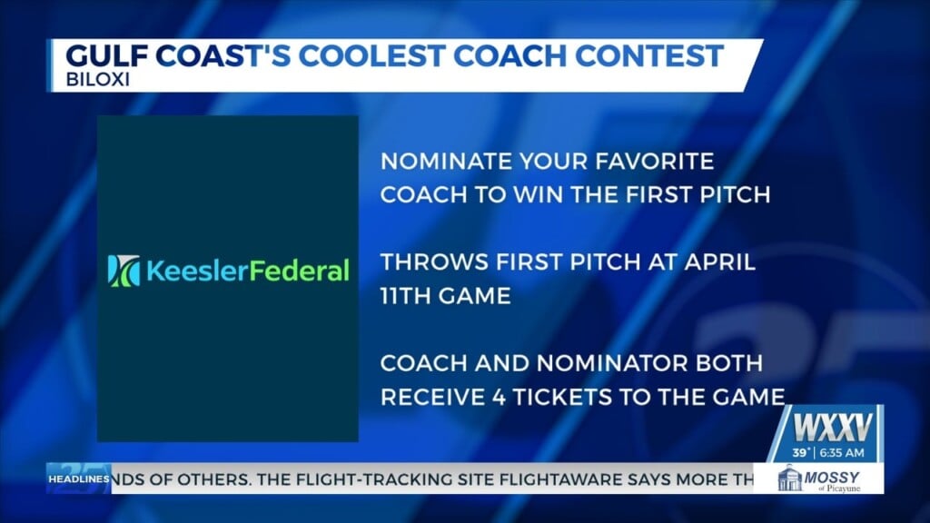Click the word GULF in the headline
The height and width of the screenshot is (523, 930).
(x=102, y=54)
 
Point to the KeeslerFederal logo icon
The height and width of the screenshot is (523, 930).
(x=121, y=270)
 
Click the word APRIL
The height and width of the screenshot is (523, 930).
(x=719, y=262)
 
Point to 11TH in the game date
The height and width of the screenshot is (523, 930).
(x=407, y=295)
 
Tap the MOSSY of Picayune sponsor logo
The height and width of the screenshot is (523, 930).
(x=818, y=478)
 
